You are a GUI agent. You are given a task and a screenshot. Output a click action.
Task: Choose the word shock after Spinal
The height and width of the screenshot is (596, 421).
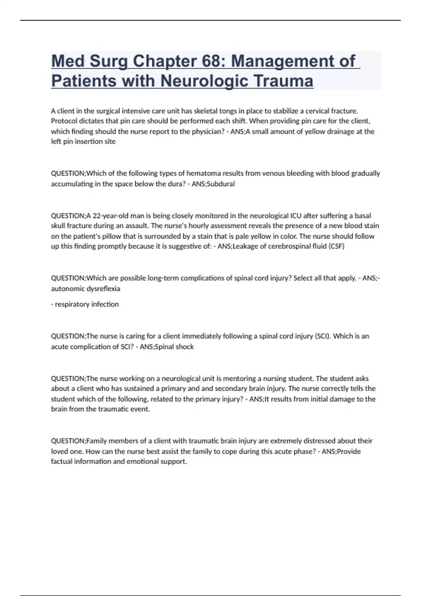click(x=185, y=347)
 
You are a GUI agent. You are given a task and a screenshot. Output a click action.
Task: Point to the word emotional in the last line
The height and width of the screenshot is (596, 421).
click(x=142, y=462)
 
